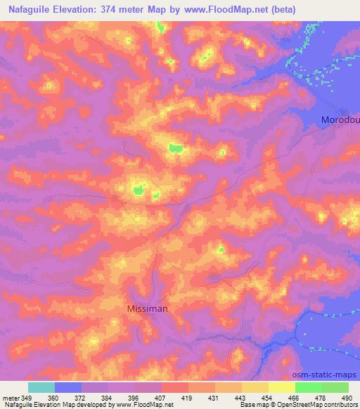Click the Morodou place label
point(340,120)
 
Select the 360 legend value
point(53,398)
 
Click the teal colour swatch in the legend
point(41,387)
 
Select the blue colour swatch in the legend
point(68,387)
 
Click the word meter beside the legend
point(10,398)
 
